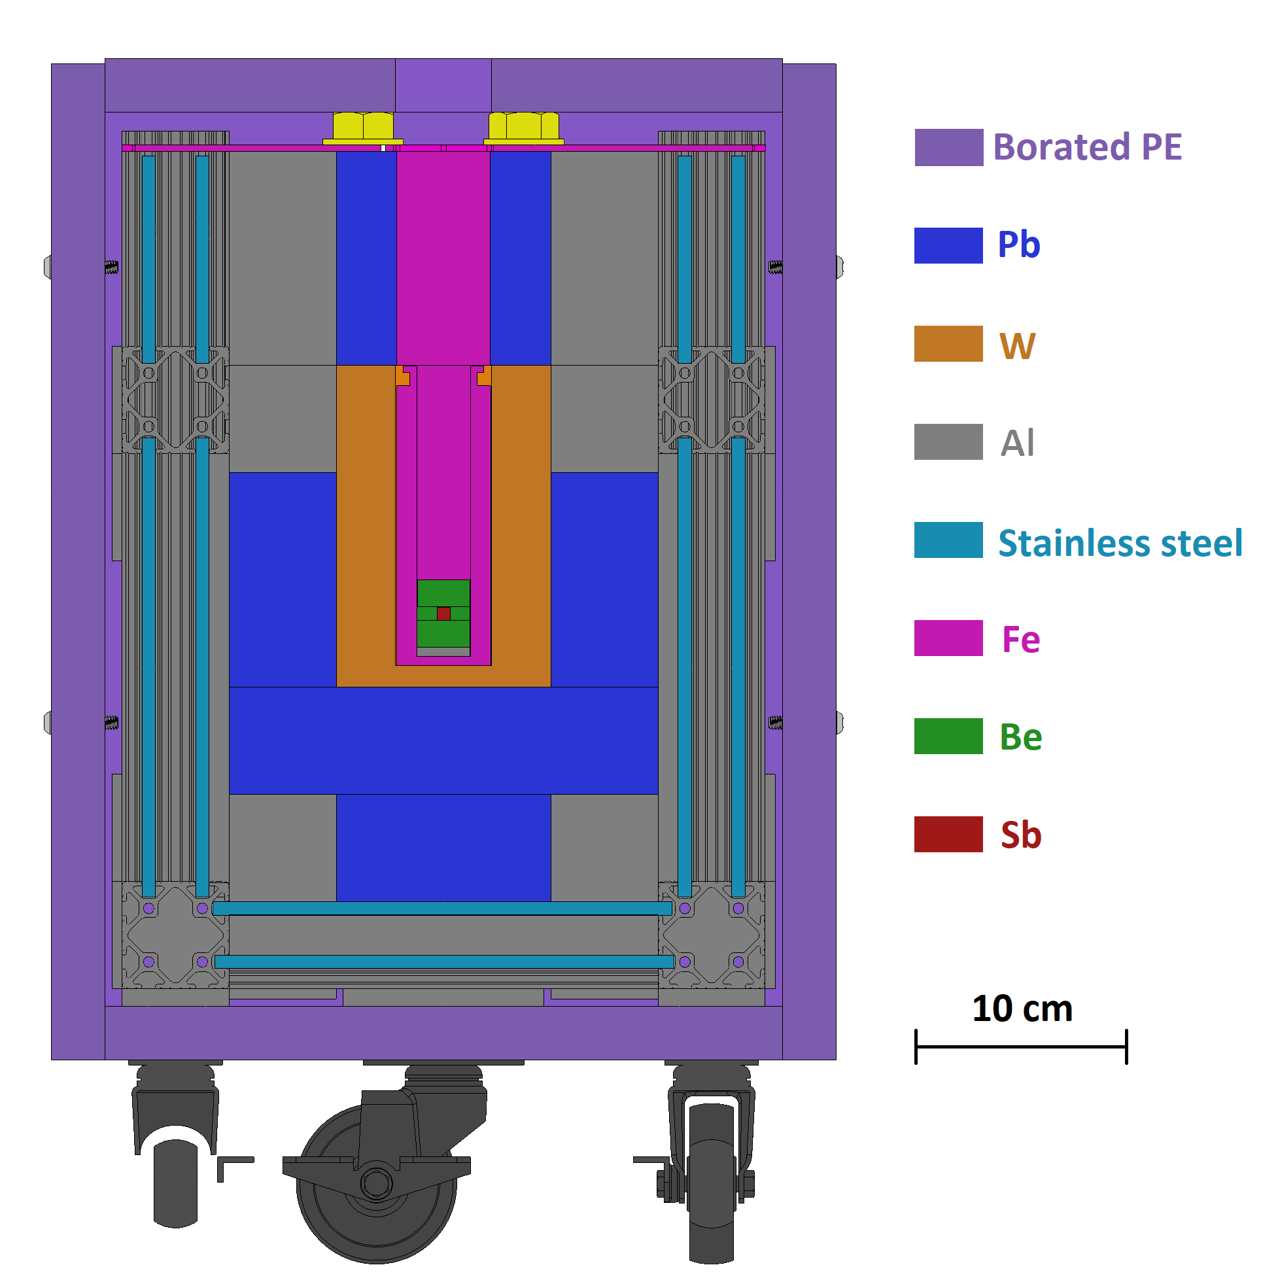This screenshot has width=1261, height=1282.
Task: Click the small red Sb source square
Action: [x=443, y=613]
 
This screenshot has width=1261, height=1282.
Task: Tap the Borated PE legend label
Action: [x=1087, y=147]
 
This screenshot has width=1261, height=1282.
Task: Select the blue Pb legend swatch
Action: [x=948, y=245]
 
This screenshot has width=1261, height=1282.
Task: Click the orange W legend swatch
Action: [x=948, y=343]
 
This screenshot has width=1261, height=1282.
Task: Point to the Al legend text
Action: [x=1017, y=442]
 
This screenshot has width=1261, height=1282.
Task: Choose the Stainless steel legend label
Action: [x=1120, y=543]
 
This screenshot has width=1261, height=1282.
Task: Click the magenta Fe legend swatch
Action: [x=948, y=638]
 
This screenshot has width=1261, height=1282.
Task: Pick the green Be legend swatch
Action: [x=948, y=736]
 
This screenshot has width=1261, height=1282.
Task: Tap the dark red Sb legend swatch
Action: [x=948, y=834]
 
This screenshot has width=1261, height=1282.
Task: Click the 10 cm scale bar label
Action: [x=1022, y=1009]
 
